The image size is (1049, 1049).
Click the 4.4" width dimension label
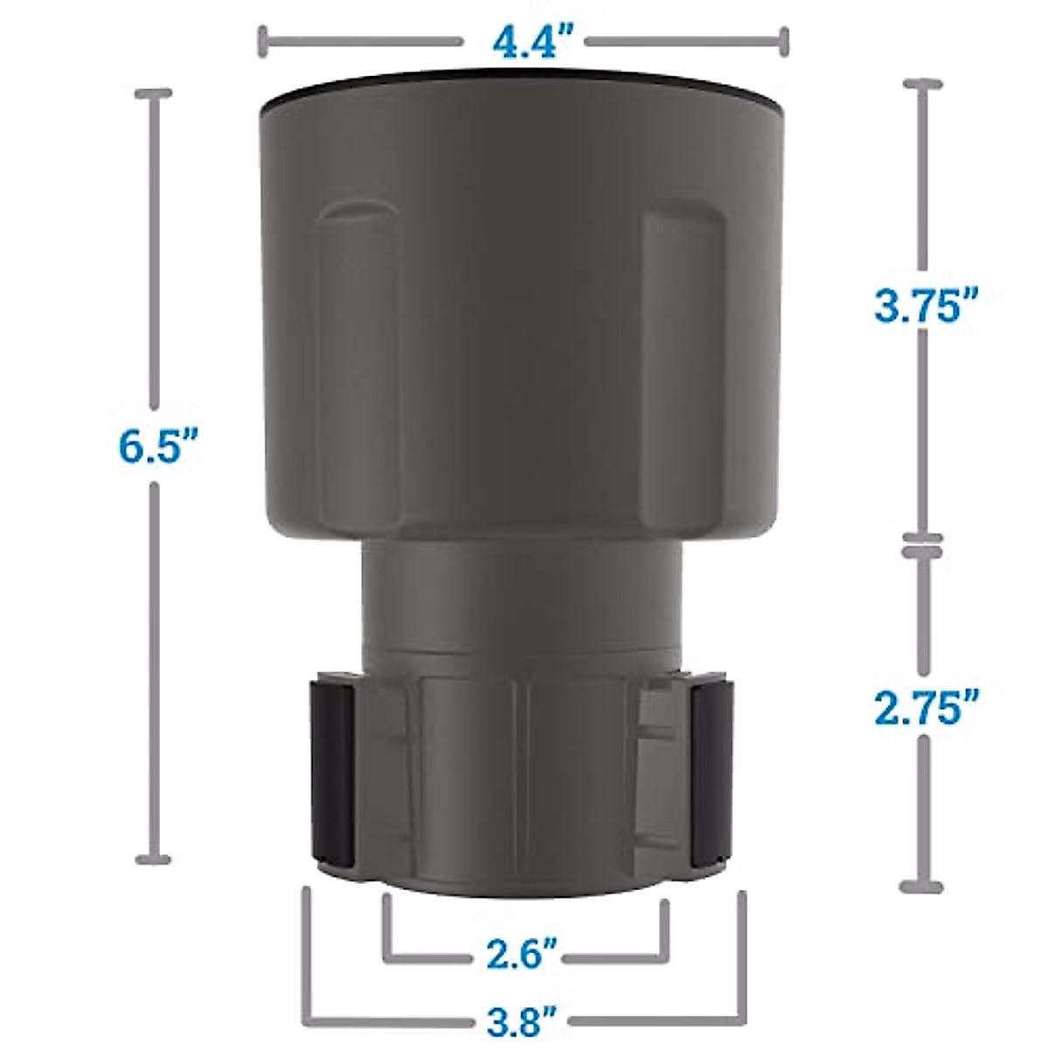click(524, 42)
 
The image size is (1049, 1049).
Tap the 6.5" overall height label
click(158, 446)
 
